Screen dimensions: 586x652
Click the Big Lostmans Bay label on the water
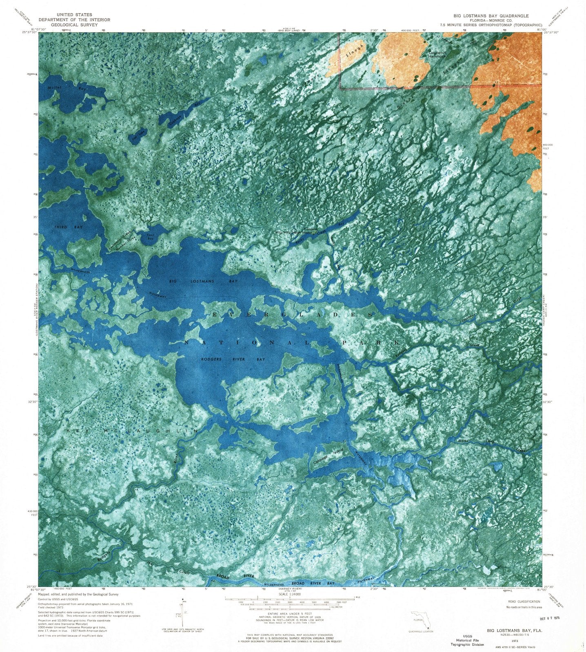click(203, 281)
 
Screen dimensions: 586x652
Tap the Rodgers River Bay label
click(233, 359)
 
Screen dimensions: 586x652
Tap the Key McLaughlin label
click(132, 431)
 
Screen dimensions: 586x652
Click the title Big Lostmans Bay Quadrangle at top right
click(491, 16)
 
